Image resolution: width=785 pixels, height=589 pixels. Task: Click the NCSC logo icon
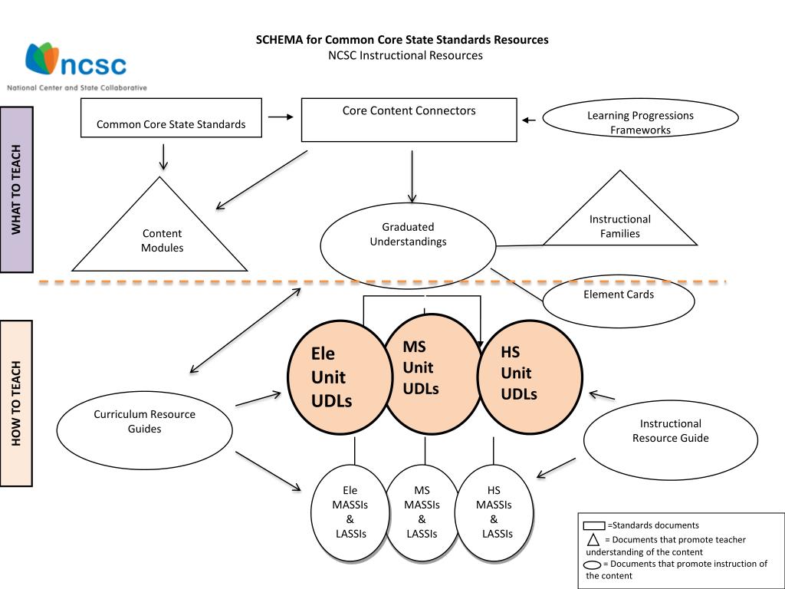tap(42, 58)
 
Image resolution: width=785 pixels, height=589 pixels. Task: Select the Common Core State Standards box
tap(171, 118)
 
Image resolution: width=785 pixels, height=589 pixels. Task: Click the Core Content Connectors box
tap(409, 120)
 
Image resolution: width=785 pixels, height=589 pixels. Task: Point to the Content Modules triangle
tap(161, 238)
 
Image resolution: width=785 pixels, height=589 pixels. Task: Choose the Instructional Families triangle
tap(619, 222)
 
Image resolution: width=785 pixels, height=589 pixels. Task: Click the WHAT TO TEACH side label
tap(17, 189)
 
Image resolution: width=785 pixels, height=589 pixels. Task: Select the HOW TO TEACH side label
tap(17, 403)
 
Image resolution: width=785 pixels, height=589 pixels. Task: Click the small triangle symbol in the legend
tap(593, 539)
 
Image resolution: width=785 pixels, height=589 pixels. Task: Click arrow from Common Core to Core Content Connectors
tap(281, 117)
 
